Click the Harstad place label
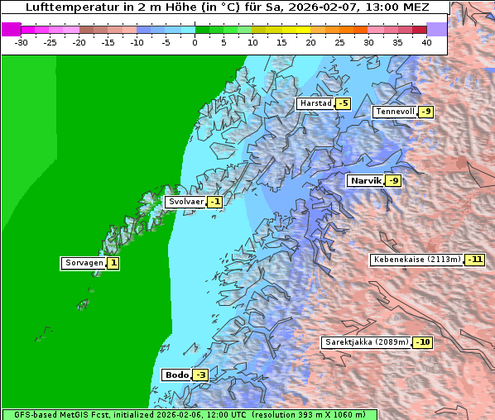(x=315, y=103)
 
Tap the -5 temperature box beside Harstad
(x=343, y=103)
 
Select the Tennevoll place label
(x=395, y=112)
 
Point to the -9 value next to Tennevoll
(x=425, y=112)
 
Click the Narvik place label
(x=365, y=181)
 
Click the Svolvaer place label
(x=185, y=202)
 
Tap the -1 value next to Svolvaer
(x=214, y=202)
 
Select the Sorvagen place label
(x=83, y=264)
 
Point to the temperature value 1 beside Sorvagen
(x=113, y=264)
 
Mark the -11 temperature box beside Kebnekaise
(x=474, y=260)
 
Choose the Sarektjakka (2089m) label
(x=366, y=342)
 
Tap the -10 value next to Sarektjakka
(x=423, y=342)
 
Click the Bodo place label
(x=175, y=375)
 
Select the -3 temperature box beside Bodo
(x=200, y=375)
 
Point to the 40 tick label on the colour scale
(x=426, y=42)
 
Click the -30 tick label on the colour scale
(x=21, y=42)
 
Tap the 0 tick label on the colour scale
(x=195, y=42)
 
